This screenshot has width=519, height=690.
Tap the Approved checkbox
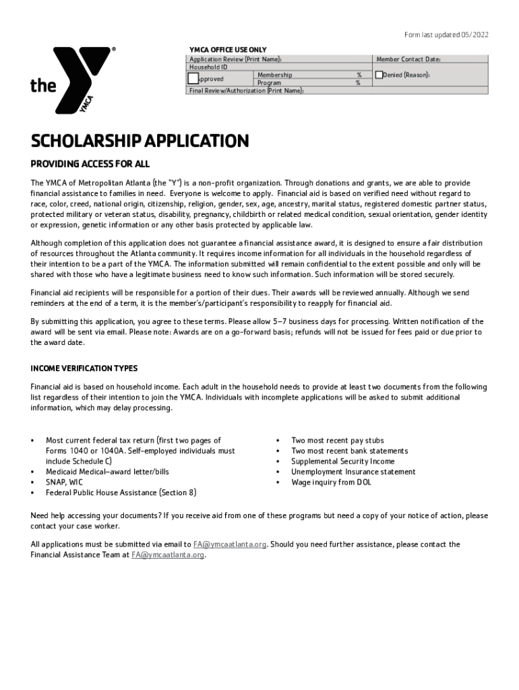(193, 78)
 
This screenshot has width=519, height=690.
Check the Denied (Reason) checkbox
(379, 75)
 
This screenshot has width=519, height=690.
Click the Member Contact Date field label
(408, 59)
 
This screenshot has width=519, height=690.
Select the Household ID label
(208, 67)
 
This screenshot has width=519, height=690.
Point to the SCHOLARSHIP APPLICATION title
(140, 142)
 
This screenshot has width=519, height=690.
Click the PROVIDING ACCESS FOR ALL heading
(90, 164)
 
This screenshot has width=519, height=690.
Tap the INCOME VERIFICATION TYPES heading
(84, 369)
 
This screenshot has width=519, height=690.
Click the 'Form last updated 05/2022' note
(446, 35)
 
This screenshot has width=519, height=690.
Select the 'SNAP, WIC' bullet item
(65, 482)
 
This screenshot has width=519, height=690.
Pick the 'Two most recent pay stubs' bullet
(337, 441)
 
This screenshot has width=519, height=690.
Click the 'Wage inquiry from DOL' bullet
(331, 482)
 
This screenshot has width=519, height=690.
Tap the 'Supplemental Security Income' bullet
(342, 462)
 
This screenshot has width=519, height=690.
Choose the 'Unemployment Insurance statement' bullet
(353, 472)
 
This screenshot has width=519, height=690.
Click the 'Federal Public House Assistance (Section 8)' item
(121, 493)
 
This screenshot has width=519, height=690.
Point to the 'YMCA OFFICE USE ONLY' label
(228, 50)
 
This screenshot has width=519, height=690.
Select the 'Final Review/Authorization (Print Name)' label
(246, 90)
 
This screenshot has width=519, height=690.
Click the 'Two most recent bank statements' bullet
(349, 451)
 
